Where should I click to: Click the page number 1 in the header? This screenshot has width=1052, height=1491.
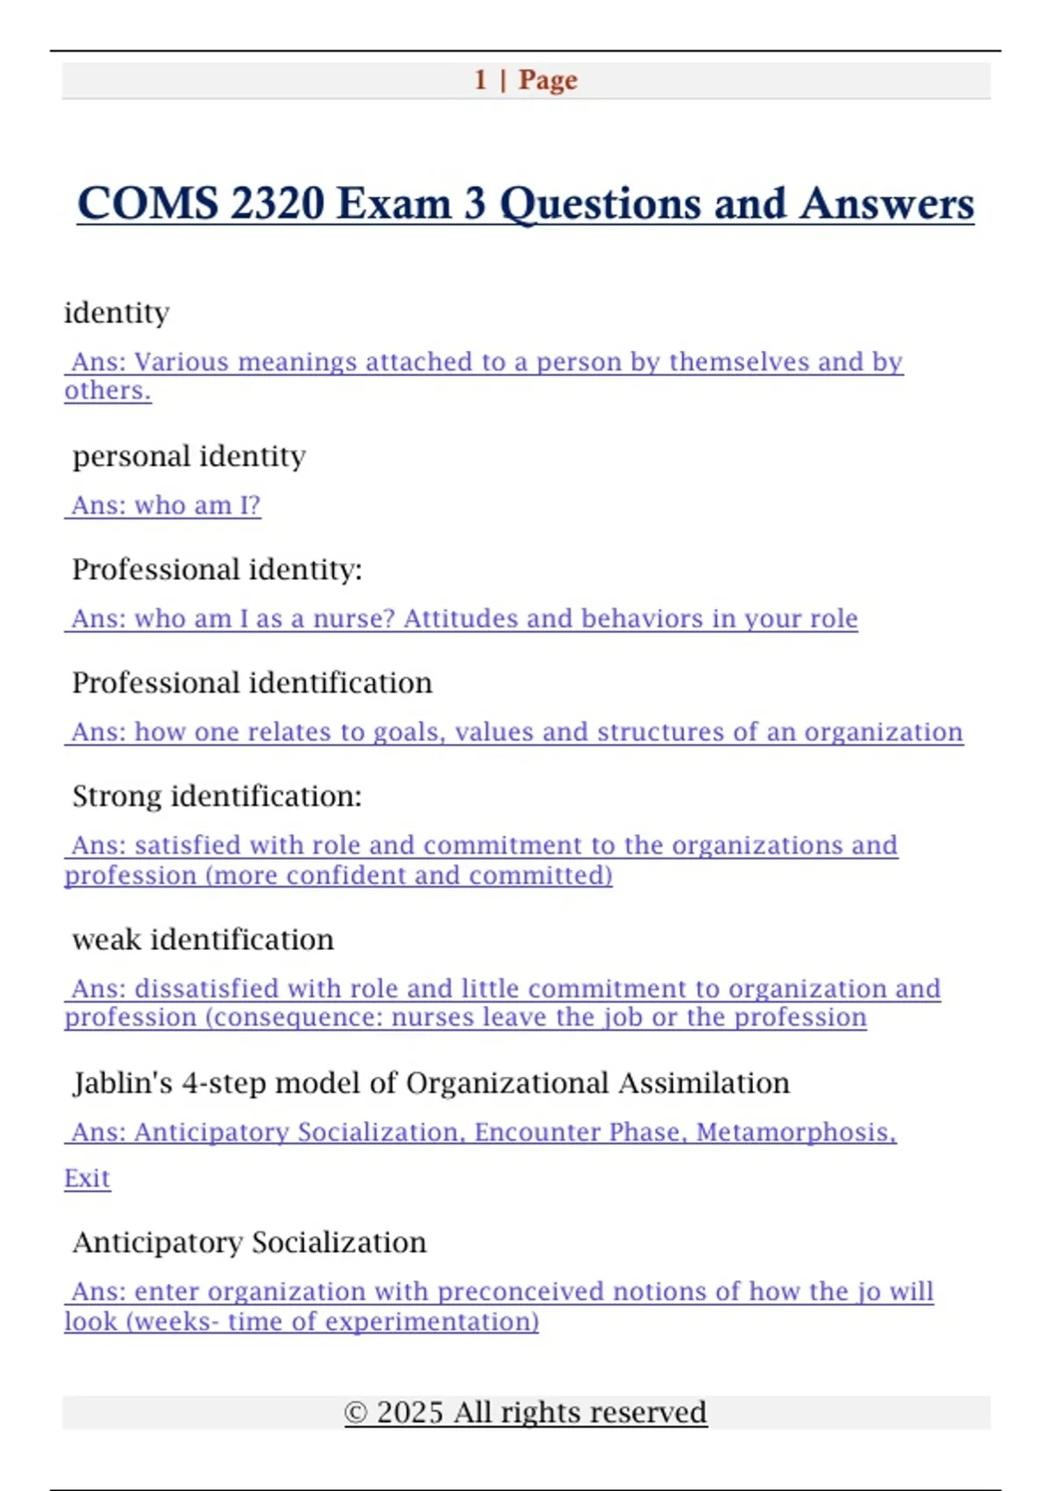coord(480,80)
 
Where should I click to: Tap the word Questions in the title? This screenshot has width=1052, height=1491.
coord(601,203)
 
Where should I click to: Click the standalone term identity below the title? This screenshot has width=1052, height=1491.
coord(117,313)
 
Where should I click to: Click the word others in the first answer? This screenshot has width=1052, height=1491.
coord(105,391)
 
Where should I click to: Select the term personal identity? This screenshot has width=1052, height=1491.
coord(189,456)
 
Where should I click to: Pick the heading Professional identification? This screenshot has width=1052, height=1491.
coord(252,682)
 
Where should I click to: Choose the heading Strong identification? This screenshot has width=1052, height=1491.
coord(217,796)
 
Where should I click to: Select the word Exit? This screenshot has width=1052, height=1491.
coord(87,1178)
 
